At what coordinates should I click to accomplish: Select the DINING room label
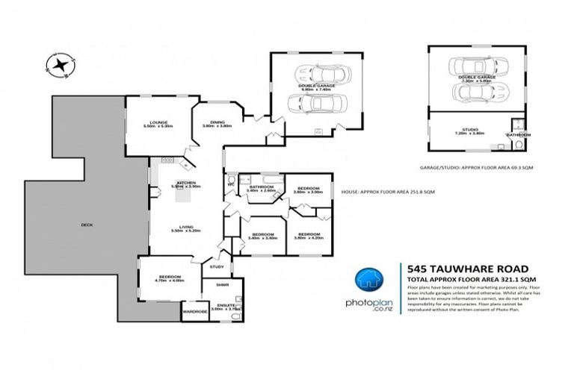pos(217,123)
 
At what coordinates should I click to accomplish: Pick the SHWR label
pos(221,285)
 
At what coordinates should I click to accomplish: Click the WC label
pos(232,183)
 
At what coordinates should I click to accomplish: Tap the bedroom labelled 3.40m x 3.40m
pos(262,236)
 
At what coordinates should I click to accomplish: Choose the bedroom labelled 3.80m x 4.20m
pos(308,236)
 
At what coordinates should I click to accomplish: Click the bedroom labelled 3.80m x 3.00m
pos(308,189)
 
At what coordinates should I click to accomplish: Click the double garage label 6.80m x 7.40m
pos(316,87)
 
